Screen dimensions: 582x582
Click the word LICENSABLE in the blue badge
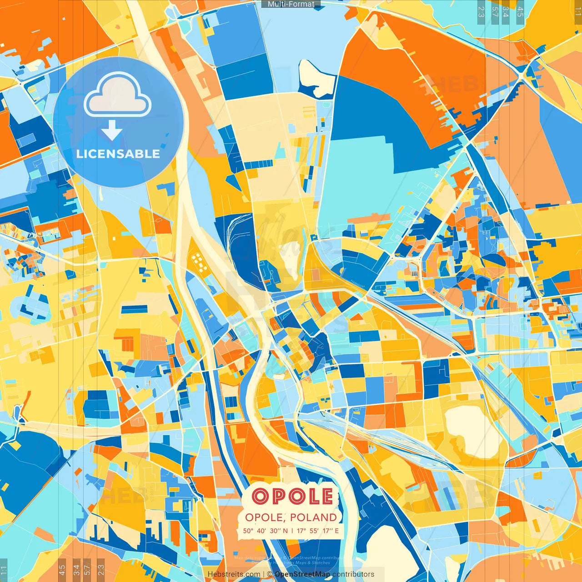pyautogui.click(x=118, y=154)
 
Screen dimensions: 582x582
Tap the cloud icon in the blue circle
pyautogui.click(x=117, y=95)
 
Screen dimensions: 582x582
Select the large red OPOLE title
pyautogui.click(x=292, y=496)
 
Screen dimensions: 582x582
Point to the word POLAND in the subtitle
pyautogui.click(x=313, y=517)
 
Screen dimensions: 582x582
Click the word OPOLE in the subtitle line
pyautogui.click(x=265, y=517)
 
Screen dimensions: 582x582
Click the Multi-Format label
pyautogui.click(x=291, y=4)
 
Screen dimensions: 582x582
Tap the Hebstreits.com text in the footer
pyautogui.click(x=234, y=574)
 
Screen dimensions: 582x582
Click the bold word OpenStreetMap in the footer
pyautogui.click(x=302, y=574)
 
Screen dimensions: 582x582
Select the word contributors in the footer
pyautogui.click(x=353, y=574)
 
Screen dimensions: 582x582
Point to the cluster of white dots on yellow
pyautogui.click(x=198, y=261)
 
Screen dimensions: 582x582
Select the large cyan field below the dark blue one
pyautogui.click(x=359, y=182)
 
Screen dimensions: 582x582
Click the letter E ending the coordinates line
pyautogui.click(x=336, y=531)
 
